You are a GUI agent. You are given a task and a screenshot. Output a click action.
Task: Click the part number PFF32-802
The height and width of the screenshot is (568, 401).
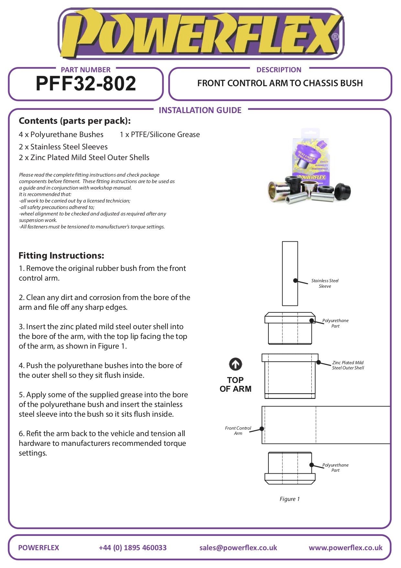(x=86, y=84)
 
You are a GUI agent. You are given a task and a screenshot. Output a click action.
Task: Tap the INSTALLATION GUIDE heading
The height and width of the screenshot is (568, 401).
(x=200, y=110)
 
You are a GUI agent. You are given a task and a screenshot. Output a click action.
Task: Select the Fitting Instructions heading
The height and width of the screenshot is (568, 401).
(x=61, y=256)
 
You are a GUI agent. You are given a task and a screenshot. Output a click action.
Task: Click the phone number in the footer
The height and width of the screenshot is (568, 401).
(x=133, y=548)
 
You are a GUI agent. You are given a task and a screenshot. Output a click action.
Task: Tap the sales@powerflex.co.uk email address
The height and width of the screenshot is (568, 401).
(x=238, y=548)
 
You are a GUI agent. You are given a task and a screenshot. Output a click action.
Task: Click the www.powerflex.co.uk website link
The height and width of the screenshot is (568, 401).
(x=345, y=548)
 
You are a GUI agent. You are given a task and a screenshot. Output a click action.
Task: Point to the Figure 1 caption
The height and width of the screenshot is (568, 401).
(x=289, y=499)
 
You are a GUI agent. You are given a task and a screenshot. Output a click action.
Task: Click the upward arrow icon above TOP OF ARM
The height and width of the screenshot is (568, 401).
(x=235, y=364)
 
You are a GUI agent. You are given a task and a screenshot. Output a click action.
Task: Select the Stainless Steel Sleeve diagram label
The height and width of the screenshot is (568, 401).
(x=325, y=284)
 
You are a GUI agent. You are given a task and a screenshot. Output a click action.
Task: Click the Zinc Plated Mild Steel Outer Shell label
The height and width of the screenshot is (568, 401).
(x=348, y=365)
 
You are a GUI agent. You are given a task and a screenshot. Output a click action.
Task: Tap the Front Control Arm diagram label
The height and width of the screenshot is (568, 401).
(x=238, y=431)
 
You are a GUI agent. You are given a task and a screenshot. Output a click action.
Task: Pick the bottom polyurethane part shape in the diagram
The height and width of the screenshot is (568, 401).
(x=290, y=468)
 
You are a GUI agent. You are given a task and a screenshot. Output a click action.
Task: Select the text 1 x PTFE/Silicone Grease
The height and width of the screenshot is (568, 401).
(x=160, y=134)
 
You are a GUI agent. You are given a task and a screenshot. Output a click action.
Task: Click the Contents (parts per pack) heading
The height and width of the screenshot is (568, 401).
(x=75, y=121)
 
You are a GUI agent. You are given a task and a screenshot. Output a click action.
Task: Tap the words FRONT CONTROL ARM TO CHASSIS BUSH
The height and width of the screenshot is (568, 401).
(x=280, y=83)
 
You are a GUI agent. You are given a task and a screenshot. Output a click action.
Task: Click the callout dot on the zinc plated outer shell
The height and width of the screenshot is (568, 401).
(x=319, y=362)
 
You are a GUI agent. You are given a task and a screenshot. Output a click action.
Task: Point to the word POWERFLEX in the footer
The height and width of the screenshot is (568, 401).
(x=38, y=548)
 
